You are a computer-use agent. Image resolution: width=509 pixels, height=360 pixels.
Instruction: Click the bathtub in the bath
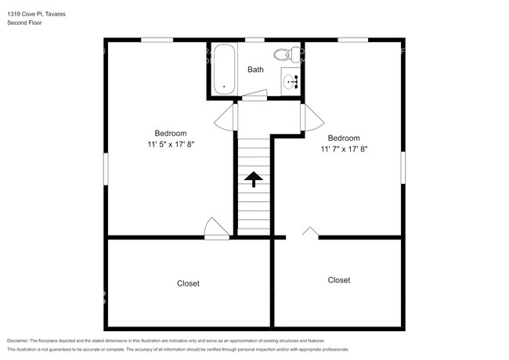[223, 70]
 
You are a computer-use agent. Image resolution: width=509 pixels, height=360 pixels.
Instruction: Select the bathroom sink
[291, 81]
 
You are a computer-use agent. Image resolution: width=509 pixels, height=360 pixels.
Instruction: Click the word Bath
[256, 70]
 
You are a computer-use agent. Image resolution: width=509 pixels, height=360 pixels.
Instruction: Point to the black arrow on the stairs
[254, 179]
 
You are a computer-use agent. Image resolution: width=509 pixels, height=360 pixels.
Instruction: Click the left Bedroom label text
[170, 133]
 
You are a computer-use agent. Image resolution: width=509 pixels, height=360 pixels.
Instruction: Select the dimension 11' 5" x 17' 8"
[170, 144]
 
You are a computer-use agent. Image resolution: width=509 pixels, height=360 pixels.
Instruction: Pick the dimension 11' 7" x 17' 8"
[344, 149]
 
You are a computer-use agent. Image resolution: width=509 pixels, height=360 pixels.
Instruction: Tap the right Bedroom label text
[344, 138]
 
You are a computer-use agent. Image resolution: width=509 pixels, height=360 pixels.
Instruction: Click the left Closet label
[188, 283]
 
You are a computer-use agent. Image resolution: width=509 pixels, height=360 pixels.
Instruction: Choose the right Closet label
[339, 279]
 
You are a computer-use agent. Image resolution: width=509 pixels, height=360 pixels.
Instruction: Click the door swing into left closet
[215, 228]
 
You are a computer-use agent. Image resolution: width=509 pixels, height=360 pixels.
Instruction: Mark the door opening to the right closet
[309, 232]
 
